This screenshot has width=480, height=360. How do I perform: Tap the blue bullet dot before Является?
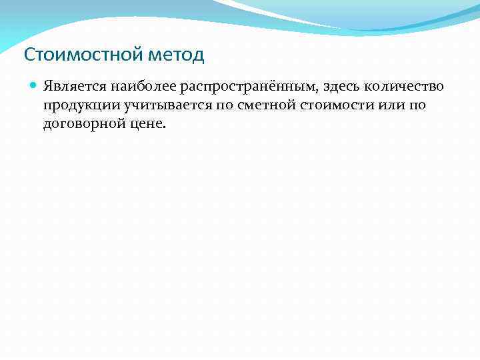(33, 86)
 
